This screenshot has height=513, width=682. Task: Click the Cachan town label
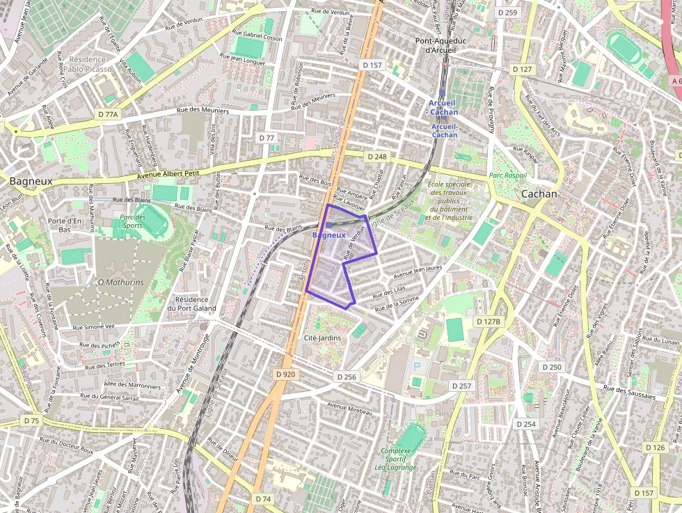click(539, 194)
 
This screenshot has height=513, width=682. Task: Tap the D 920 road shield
click(285, 374)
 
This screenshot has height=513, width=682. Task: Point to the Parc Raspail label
click(508, 175)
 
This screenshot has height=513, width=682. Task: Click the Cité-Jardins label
click(324, 338)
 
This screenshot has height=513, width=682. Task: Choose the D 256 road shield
click(346, 377)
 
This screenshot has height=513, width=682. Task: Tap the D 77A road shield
click(109, 113)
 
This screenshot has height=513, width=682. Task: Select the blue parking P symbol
click(417, 366)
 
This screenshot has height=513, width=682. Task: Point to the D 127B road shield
click(489, 322)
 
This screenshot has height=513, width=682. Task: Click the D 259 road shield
click(507, 13)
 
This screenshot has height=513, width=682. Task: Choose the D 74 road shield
click(262, 498)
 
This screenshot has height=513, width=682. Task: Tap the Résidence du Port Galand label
click(191, 303)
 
